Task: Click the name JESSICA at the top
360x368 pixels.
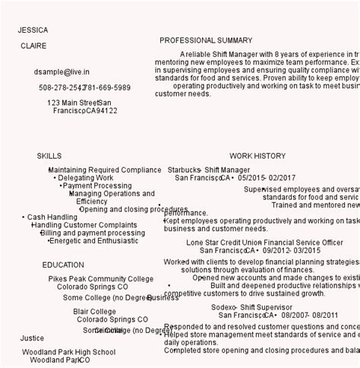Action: click(33, 30)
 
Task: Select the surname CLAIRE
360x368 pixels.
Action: click(33, 46)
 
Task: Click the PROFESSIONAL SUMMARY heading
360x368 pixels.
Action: click(206, 40)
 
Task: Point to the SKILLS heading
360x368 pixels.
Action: click(49, 156)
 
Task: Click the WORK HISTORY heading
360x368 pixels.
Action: click(257, 156)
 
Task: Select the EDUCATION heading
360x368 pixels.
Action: click(63, 265)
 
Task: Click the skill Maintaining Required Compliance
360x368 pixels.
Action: click(105, 170)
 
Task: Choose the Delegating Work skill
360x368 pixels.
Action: click(86, 178)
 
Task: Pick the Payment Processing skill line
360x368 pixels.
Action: click(97, 186)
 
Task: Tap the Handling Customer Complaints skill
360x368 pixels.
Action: click(84, 225)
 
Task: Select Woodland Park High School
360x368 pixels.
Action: click(68, 352)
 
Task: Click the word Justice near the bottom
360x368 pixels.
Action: click(32, 338)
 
